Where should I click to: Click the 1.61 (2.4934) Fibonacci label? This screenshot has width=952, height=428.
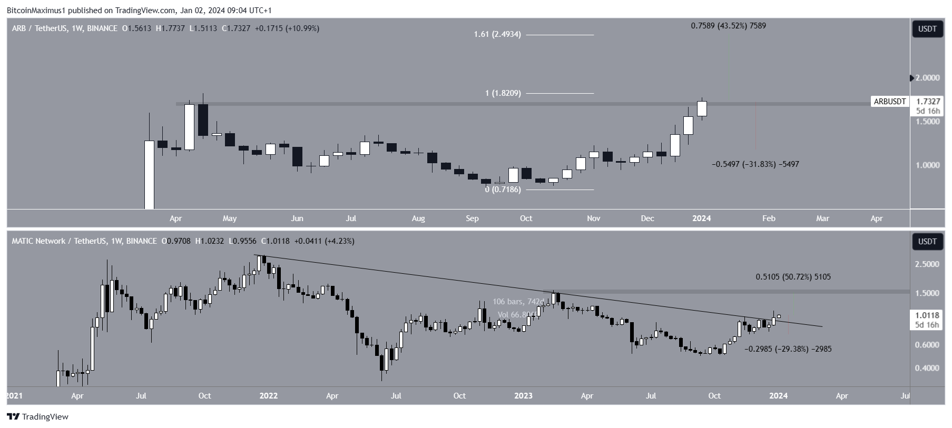click(x=497, y=34)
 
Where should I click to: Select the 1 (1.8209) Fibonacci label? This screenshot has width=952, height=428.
click(x=503, y=93)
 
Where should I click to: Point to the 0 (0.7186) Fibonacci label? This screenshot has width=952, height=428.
click(x=503, y=190)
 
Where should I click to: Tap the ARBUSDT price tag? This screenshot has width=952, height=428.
click(x=890, y=102)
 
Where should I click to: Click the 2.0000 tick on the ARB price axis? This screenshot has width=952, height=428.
click(x=927, y=78)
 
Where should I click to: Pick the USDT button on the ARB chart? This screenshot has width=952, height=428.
click(x=927, y=29)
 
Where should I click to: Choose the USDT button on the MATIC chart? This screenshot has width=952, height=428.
click(x=927, y=242)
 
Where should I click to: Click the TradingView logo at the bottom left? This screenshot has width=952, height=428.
click(x=38, y=417)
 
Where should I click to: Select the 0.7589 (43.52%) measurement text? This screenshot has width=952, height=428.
click(x=728, y=25)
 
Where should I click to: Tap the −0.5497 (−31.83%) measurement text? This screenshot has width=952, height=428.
click(x=755, y=164)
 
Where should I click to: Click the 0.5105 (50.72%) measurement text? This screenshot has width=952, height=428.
click(x=793, y=277)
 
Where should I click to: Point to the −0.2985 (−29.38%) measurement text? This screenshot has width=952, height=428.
click(x=788, y=349)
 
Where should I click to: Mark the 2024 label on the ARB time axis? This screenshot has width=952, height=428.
click(x=701, y=218)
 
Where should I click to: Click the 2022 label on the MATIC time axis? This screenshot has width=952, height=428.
click(x=268, y=396)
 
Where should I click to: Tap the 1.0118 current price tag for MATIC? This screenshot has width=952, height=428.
click(x=927, y=316)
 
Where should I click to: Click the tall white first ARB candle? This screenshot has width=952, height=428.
click(x=150, y=174)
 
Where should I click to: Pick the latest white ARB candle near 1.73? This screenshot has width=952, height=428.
click(x=702, y=108)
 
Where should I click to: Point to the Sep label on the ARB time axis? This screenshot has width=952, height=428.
click(x=472, y=218)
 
